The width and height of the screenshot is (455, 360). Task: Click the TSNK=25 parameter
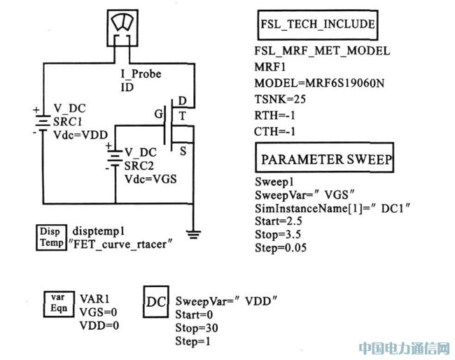coord(276,99)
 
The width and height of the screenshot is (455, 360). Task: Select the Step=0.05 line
coord(280,247)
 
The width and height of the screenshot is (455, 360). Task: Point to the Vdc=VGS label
coord(150,179)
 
